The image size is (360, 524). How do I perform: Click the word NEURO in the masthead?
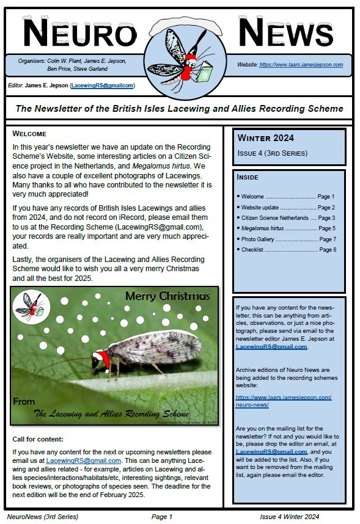click(79, 34)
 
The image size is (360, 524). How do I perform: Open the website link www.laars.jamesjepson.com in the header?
click(301, 64)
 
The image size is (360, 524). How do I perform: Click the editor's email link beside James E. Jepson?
click(102, 86)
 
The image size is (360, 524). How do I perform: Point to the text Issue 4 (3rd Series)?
click(272, 153)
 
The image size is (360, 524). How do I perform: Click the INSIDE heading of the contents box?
click(248, 177)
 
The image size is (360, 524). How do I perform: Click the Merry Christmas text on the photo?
click(167, 296)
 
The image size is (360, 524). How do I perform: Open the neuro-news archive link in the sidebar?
click(283, 401)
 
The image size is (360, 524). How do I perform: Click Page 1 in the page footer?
click(162, 517)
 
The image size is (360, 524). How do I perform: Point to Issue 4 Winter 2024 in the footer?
click(289, 517)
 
